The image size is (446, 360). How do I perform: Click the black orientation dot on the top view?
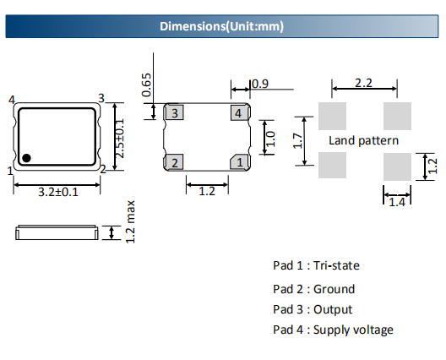coord(26,158)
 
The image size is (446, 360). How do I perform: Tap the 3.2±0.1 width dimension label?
coord(58,192)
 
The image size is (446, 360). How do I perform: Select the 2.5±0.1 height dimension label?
coord(120,139)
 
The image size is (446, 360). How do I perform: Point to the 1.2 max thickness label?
coord(130,222)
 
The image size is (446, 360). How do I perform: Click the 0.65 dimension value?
coord(146,85)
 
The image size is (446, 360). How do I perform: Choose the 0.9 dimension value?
coord(260,84)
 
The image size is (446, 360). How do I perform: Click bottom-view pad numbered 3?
coord(174,112)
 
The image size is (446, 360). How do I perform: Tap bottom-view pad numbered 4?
coord(240,112)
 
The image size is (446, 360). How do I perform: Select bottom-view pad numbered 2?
coord(174,162)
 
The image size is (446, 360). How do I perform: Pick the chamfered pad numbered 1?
coord(240,162)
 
